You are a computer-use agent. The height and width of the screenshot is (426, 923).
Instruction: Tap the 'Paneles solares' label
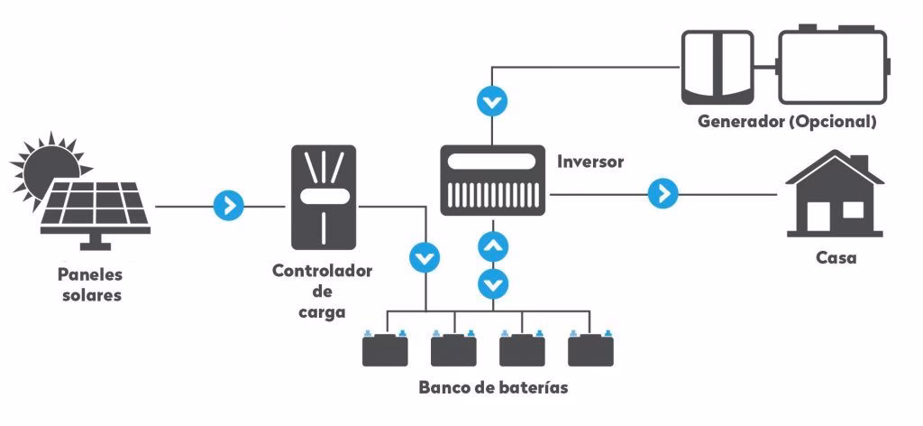point(89,284)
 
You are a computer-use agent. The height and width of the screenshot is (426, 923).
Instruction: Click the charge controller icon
point(324,197)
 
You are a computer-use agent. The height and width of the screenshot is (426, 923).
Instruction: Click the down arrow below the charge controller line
point(424,258)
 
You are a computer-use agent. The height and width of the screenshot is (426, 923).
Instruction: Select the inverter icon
point(492,181)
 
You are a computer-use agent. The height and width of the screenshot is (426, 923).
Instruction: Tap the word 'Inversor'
point(590,162)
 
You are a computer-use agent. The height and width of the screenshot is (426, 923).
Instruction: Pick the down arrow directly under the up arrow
point(492,283)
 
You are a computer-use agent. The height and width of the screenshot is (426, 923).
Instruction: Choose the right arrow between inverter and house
point(663,192)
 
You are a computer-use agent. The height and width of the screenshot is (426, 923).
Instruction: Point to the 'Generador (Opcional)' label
point(787,121)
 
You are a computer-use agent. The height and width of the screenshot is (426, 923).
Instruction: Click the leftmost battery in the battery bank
point(385,348)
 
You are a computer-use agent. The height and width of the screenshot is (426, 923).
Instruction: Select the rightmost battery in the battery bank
point(590,348)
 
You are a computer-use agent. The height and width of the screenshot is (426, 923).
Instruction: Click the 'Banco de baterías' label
point(493,388)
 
